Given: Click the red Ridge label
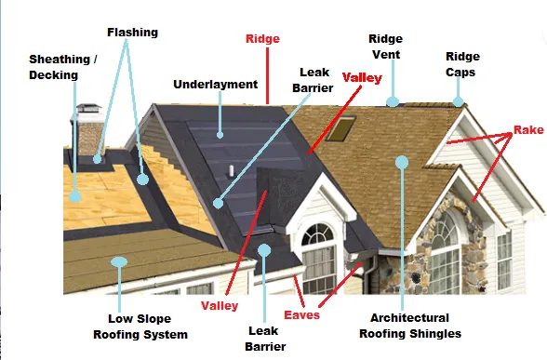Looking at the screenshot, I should coord(262,39).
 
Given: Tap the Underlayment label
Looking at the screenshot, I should coord(215,85).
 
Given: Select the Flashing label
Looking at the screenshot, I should coord(132,33).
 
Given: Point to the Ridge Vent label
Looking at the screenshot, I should coord(385,47).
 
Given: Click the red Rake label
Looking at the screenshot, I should coord(528,131).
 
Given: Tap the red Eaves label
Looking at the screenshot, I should coord(302,315).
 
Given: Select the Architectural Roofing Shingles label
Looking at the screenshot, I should coord(409,326).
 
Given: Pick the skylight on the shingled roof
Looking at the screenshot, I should coord(348,127).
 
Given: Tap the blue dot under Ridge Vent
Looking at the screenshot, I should coord(393,100).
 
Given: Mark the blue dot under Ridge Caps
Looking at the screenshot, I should coord(458,99).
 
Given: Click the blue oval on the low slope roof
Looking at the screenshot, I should coord(119,261).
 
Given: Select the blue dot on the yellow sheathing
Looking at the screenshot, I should coord(75,196).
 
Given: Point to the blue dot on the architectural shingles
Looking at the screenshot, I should coord(402,162).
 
